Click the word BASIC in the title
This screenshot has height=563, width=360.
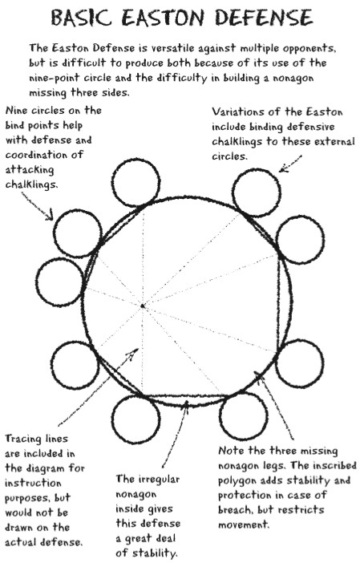(81, 17)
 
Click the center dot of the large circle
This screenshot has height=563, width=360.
(143, 306)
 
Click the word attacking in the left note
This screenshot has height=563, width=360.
(30, 170)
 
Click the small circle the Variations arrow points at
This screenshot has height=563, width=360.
(257, 192)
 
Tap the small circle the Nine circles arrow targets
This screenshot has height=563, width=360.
(78, 233)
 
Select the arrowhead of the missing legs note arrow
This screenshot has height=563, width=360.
(257, 375)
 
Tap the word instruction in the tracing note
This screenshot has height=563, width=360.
(33, 484)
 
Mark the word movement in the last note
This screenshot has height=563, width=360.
(244, 525)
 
